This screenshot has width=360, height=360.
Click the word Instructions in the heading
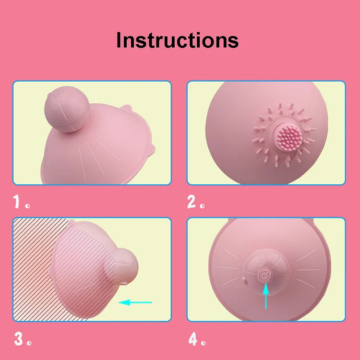tap(177, 40)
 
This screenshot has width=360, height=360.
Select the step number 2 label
tap(192, 203)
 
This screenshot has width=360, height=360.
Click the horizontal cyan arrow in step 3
tap(135, 302)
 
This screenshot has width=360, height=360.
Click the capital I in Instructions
tap(119, 40)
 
